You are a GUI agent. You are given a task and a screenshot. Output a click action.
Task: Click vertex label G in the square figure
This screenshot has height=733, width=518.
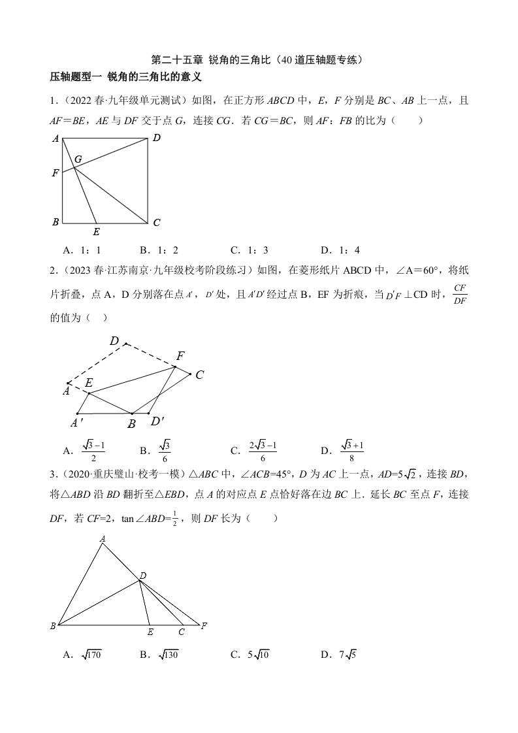coord(78,159)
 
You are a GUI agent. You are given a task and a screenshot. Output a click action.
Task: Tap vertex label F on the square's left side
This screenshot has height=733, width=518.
coord(56,173)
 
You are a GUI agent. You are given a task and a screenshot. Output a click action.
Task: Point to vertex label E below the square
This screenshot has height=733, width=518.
coord(96,231)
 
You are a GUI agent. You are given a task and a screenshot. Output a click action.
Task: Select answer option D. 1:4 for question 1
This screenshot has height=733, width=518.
coord(340,250)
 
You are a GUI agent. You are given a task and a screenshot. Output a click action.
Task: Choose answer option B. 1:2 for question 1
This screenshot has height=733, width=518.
coord(159,250)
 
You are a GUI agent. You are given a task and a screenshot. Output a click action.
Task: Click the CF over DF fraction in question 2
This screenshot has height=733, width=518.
coord(459,293)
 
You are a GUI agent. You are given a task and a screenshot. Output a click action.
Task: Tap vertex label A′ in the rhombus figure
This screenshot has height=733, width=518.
coord(76,423)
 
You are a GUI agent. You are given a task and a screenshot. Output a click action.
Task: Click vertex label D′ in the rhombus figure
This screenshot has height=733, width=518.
coord(157,421)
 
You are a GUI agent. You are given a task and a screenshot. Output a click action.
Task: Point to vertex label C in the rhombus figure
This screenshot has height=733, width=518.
coord(200,375)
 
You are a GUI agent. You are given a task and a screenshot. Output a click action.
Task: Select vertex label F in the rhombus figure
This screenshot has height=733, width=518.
coord(180,356)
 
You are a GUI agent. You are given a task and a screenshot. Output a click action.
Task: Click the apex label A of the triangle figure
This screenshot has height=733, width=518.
coord(103,539)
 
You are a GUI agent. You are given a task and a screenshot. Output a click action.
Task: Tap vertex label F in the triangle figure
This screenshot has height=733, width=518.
coord(204,626)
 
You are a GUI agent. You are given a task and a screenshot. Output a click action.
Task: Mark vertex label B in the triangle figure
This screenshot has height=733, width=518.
coord(53,626)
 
